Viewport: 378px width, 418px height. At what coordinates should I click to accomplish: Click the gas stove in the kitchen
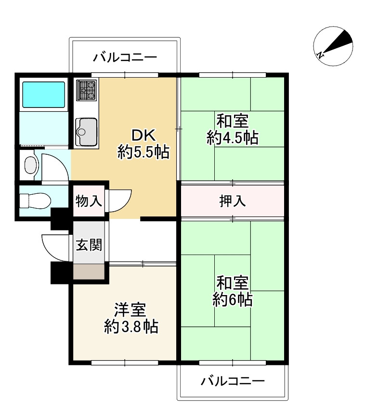coord(87,90)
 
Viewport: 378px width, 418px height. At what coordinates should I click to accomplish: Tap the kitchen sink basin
coord(86,132)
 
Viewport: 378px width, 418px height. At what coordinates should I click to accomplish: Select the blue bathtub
coord(44,94)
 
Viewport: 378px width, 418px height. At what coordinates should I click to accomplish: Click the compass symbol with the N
coord(333,46)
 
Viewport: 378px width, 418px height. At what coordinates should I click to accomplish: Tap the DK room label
coord(144,136)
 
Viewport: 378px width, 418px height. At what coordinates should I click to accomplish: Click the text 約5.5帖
coord(143,152)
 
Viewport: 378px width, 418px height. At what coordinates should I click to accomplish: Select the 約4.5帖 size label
coord(233,138)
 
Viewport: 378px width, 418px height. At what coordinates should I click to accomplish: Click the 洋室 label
coord(130,310)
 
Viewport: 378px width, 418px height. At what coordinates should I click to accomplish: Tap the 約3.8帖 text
coord(131,326)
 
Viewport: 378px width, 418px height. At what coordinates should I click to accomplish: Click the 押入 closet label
coord(233,201)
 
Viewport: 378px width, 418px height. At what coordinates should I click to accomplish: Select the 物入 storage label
coord(89,201)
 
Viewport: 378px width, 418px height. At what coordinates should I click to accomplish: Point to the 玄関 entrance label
coord(89,245)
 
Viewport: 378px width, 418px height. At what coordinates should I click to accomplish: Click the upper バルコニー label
coord(125,57)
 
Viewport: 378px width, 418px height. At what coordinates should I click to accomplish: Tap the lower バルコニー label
coord(233,381)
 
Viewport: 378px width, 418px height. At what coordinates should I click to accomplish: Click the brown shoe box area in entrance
coord(89,271)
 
